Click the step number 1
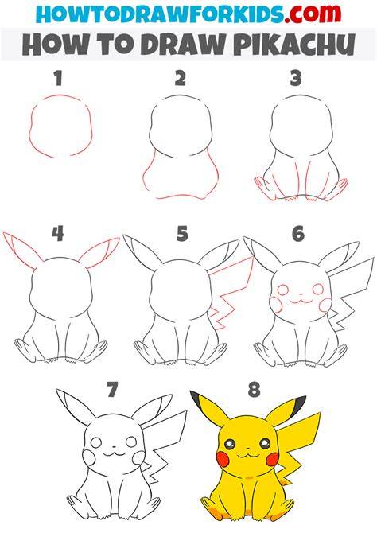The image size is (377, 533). (59, 78)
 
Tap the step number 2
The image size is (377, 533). (181, 78)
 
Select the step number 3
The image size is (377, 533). (296, 78)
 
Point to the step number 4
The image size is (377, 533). (58, 234)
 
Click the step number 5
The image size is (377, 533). (182, 234)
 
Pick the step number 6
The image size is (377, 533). (297, 234)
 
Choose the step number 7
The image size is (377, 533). (112, 390)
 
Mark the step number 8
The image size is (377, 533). (254, 390)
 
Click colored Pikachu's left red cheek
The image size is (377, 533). (222, 458)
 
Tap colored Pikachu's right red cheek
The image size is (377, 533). (273, 459)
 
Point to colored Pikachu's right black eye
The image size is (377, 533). (265, 443)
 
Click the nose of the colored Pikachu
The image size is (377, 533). (247, 449)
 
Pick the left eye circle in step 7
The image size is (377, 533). (96, 442)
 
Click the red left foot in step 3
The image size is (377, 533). (262, 187)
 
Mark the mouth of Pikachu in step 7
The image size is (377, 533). (114, 453)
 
